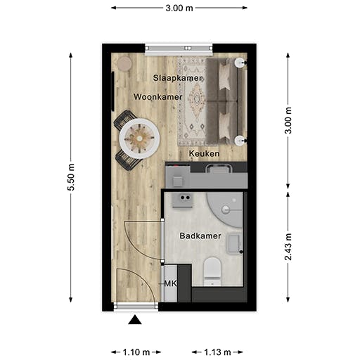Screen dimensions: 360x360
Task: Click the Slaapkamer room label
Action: click(178, 77)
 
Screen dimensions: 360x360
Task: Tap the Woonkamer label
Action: click(158, 96)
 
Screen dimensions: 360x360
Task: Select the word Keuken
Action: click(205, 153)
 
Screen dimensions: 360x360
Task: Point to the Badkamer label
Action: click(200, 236)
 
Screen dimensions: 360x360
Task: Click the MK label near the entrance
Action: click(169, 283)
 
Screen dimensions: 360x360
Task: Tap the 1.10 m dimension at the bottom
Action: click(136, 352)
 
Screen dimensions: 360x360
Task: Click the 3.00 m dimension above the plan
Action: click(179, 8)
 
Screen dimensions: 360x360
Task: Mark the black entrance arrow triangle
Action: click(135, 321)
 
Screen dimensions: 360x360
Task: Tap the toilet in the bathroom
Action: click(212, 271)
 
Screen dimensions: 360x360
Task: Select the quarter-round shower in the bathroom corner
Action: click(228, 205)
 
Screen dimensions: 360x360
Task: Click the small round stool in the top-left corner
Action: click(124, 63)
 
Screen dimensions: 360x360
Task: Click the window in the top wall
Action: click(179, 49)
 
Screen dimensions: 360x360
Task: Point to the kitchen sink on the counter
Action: click(218, 168)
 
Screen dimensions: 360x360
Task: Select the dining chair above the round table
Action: click(125, 119)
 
